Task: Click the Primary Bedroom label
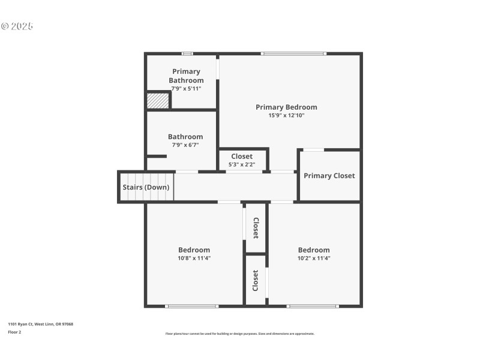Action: [x=286, y=107]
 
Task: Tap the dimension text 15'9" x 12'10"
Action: [x=286, y=115]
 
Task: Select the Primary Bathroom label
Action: [x=186, y=76]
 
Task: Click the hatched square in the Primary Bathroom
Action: [x=158, y=100]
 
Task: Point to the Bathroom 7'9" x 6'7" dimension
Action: [x=185, y=145]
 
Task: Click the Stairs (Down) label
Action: [x=146, y=187]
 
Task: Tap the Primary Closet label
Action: [x=329, y=176]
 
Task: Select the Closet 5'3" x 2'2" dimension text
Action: [x=242, y=164]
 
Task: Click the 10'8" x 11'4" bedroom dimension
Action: [x=194, y=258]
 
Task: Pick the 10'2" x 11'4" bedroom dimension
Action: [x=314, y=258]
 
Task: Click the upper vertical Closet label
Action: [x=256, y=228]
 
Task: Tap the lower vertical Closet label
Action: [x=256, y=280]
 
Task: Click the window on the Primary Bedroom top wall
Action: [x=293, y=54]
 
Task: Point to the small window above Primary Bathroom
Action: [x=188, y=54]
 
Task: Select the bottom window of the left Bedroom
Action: [x=192, y=306]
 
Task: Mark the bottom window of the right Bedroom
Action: [x=313, y=306]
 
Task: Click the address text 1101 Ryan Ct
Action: [x=40, y=324]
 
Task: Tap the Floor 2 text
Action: [x=14, y=332]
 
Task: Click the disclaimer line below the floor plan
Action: [x=239, y=334]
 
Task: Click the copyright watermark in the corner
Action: [x=17, y=26]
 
